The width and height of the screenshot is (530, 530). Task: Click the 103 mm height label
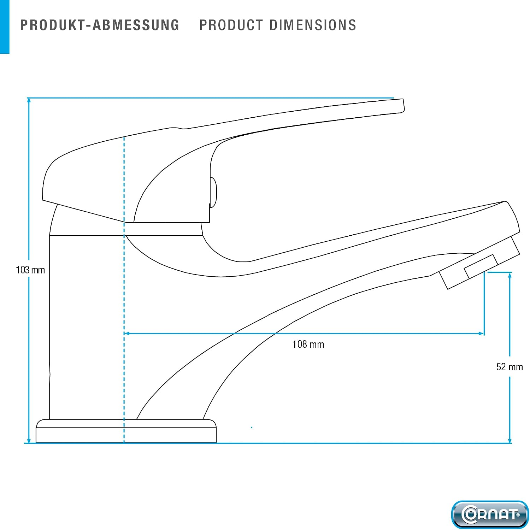point(30,270)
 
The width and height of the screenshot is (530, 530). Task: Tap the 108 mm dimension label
point(308,344)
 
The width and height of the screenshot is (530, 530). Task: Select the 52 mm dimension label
point(510,367)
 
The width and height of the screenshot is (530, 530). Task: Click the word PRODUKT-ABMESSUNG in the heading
point(100,25)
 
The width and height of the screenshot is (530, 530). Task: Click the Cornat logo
point(490,514)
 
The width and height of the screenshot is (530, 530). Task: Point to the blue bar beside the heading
point(5,27)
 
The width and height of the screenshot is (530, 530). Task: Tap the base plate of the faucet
point(126,431)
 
